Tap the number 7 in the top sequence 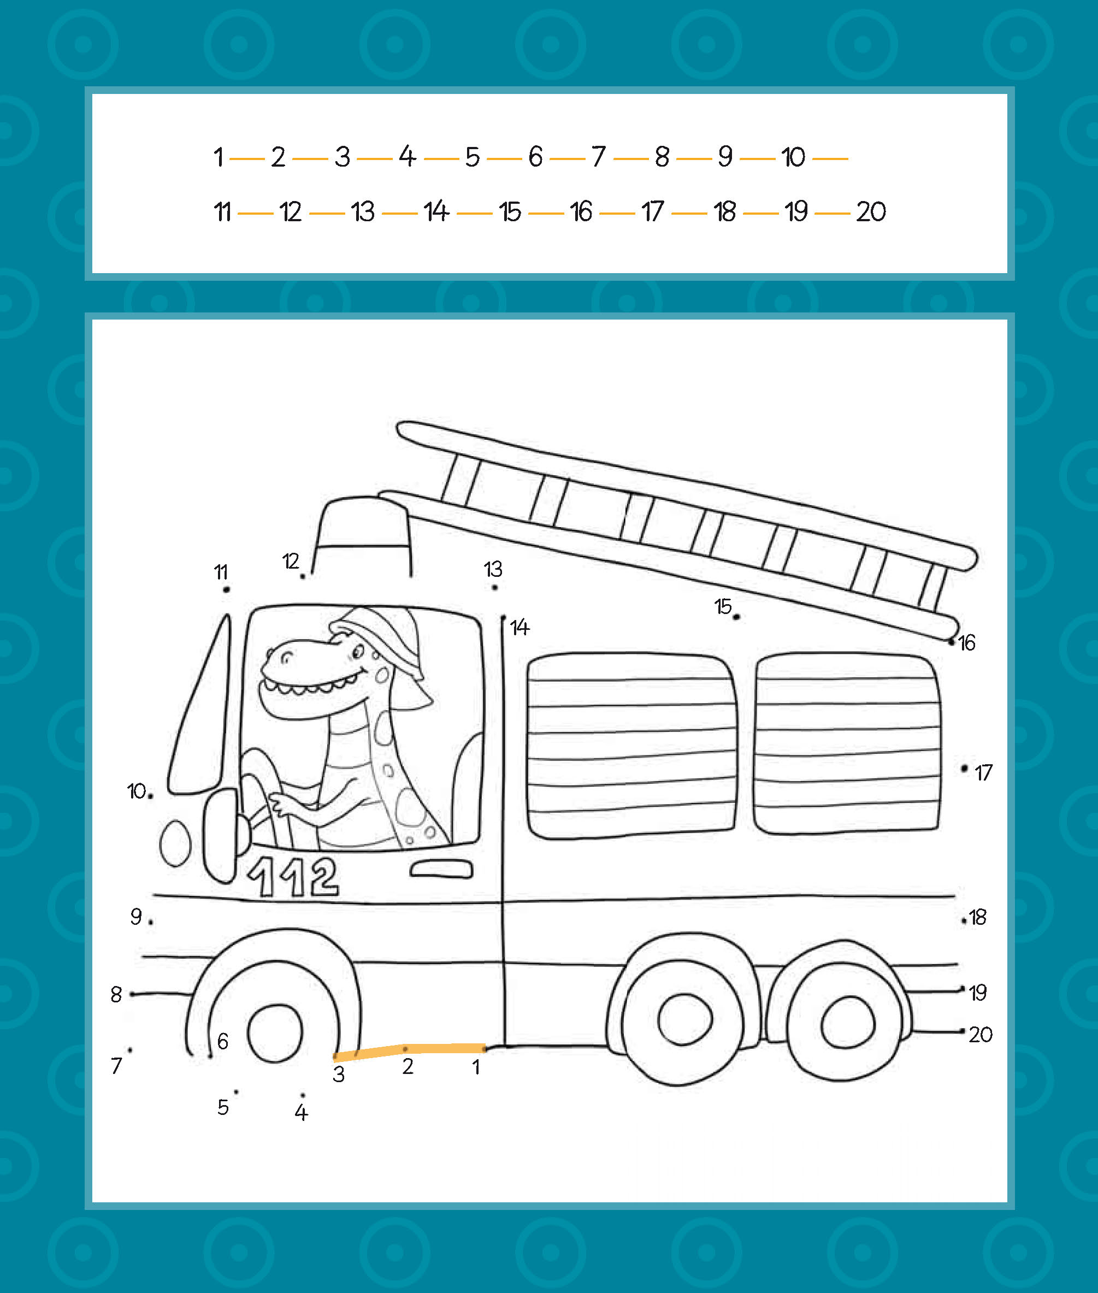point(598,157)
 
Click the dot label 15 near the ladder point(722,606)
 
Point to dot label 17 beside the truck point(983,773)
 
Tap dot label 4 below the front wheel point(301,1113)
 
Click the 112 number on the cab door point(293,877)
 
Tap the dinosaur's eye point(358,652)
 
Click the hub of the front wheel point(274,1033)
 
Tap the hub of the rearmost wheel point(848,1023)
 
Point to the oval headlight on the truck point(175,843)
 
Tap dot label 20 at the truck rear point(981,1035)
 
